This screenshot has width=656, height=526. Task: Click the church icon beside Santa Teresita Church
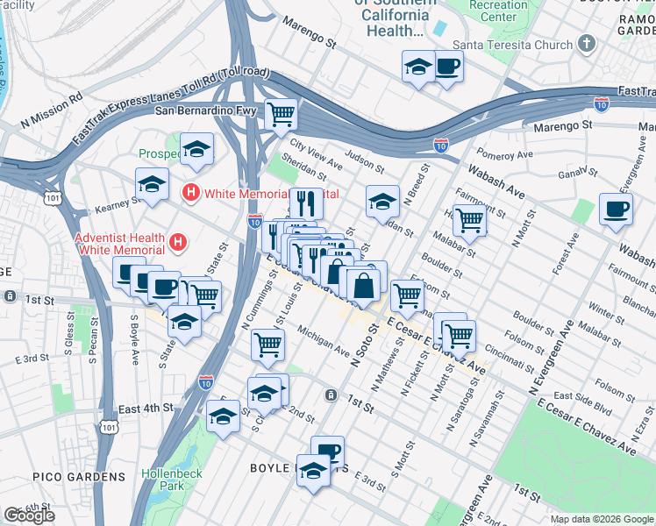tap(587, 44)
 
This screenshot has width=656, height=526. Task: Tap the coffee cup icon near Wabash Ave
tap(615, 210)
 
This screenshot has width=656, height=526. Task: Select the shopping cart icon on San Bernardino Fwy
tap(282, 113)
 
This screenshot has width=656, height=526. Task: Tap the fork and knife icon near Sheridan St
tap(305, 203)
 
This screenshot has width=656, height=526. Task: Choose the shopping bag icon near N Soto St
tap(364, 284)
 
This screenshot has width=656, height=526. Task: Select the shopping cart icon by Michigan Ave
tap(267, 344)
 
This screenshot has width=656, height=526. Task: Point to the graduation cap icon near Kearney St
tap(152, 185)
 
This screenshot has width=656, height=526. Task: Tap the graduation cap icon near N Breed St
tap(382, 202)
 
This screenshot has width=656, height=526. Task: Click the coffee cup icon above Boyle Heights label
tap(328, 451)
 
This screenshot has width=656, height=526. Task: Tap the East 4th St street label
tap(146, 408)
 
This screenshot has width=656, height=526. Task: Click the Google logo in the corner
tap(29, 515)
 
